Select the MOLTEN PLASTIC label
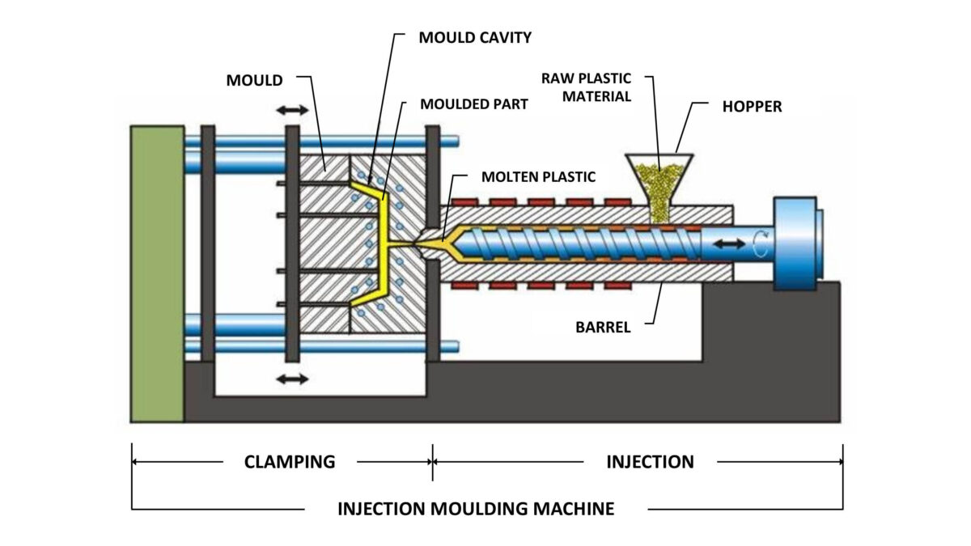(538, 176)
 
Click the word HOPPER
(752, 106)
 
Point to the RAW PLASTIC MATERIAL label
(586, 87)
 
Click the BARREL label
(603, 328)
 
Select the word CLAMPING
(290, 462)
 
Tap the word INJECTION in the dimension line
(650, 462)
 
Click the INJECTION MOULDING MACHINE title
(476, 509)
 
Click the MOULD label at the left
(254, 80)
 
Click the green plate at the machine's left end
(157, 273)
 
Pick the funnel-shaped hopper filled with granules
(659, 182)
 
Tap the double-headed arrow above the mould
(292, 110)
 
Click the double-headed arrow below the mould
(292, 379)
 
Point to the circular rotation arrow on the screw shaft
(758, 243)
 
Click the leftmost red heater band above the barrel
(461, 200)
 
